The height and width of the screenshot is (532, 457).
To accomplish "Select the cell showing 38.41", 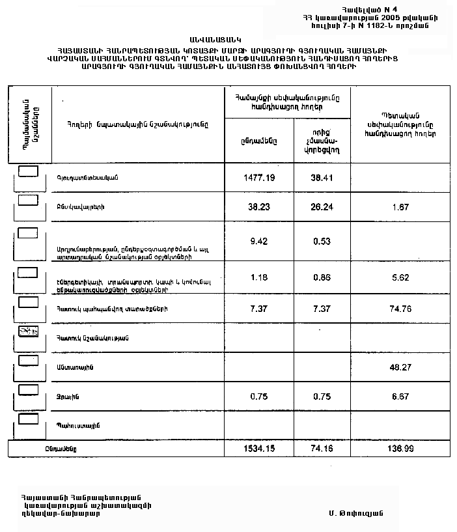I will tap(322, 176).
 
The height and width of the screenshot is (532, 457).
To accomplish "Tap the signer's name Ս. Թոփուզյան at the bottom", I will tap(356, 512).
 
